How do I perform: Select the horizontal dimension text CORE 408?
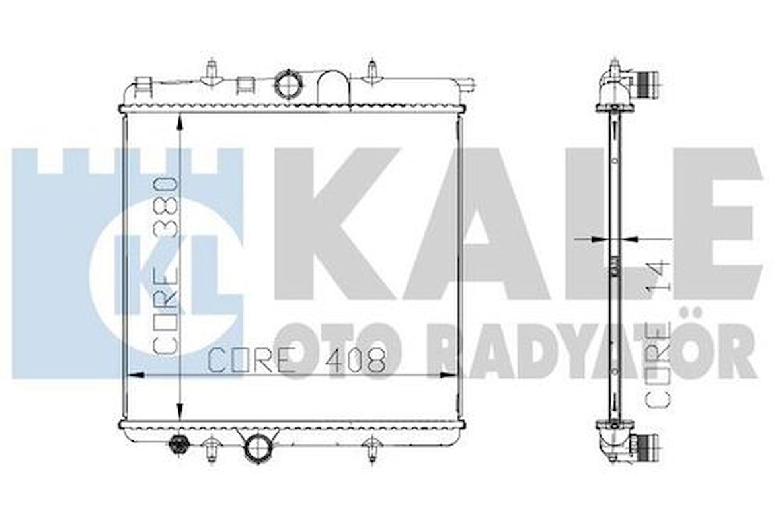click(x=296, y=361)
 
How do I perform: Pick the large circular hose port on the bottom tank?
click(x=258, y=447)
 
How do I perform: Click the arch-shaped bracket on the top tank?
click(x=332, y=87)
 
